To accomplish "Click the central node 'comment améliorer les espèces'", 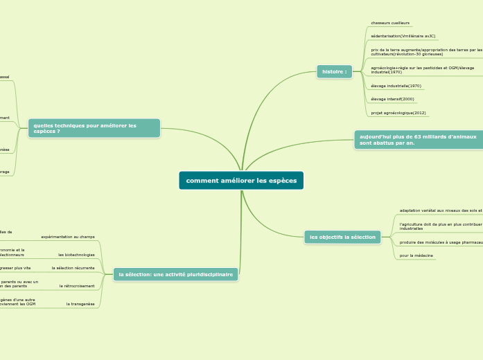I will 241,181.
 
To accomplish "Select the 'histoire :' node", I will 334,71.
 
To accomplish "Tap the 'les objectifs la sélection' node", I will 342,237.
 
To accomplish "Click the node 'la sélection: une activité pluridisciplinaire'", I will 175,275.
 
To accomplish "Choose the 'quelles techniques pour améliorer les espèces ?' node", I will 94,128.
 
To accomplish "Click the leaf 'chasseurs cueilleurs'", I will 390,23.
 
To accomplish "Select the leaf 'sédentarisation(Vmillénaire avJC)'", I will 403,36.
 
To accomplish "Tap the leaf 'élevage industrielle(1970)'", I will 396,86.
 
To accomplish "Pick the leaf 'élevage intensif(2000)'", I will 392,99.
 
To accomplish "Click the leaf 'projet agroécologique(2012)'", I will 398,112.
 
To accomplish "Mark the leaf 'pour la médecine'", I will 416,255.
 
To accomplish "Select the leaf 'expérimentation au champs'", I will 68,237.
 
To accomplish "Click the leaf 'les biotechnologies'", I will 76,255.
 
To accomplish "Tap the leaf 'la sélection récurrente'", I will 73,268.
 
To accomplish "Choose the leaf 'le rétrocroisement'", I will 77,286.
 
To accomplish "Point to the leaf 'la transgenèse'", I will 80,304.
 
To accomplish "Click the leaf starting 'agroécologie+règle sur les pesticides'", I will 423,69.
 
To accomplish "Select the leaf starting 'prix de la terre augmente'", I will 426,51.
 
